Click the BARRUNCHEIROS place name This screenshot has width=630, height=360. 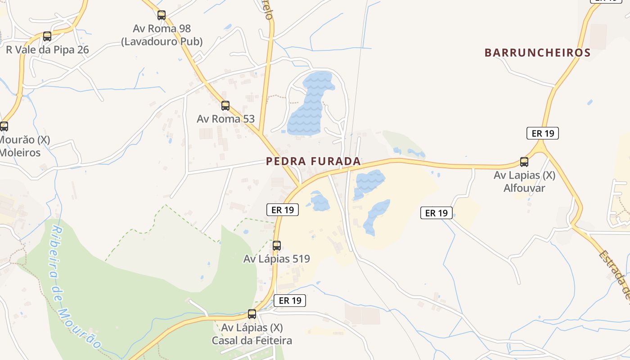[537, 53]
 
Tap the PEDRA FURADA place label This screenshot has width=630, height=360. [313, 161]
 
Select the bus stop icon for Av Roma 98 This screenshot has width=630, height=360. [162, 15]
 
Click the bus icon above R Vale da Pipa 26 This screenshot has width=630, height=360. [47, 36]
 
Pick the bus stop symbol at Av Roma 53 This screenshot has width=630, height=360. [225, 106]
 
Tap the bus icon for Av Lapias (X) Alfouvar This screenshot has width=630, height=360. [524, 162]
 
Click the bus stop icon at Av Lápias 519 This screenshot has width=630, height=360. [277, 246]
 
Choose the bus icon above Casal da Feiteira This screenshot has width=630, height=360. [252, 314]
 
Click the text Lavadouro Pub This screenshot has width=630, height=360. [162, 42]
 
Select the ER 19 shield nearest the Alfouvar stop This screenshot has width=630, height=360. [543, 133]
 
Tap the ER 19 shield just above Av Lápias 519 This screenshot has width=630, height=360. [283, 210]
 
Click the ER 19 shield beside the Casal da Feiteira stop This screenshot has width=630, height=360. [290, 301]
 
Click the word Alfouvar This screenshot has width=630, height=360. [524, 188]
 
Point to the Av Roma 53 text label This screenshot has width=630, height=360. [225, 119]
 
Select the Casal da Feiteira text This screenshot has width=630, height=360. [252, 341]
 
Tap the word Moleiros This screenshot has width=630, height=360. [20, 153]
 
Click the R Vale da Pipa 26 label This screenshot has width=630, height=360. [47, 49]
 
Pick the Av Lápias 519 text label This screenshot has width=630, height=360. [277, 259]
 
